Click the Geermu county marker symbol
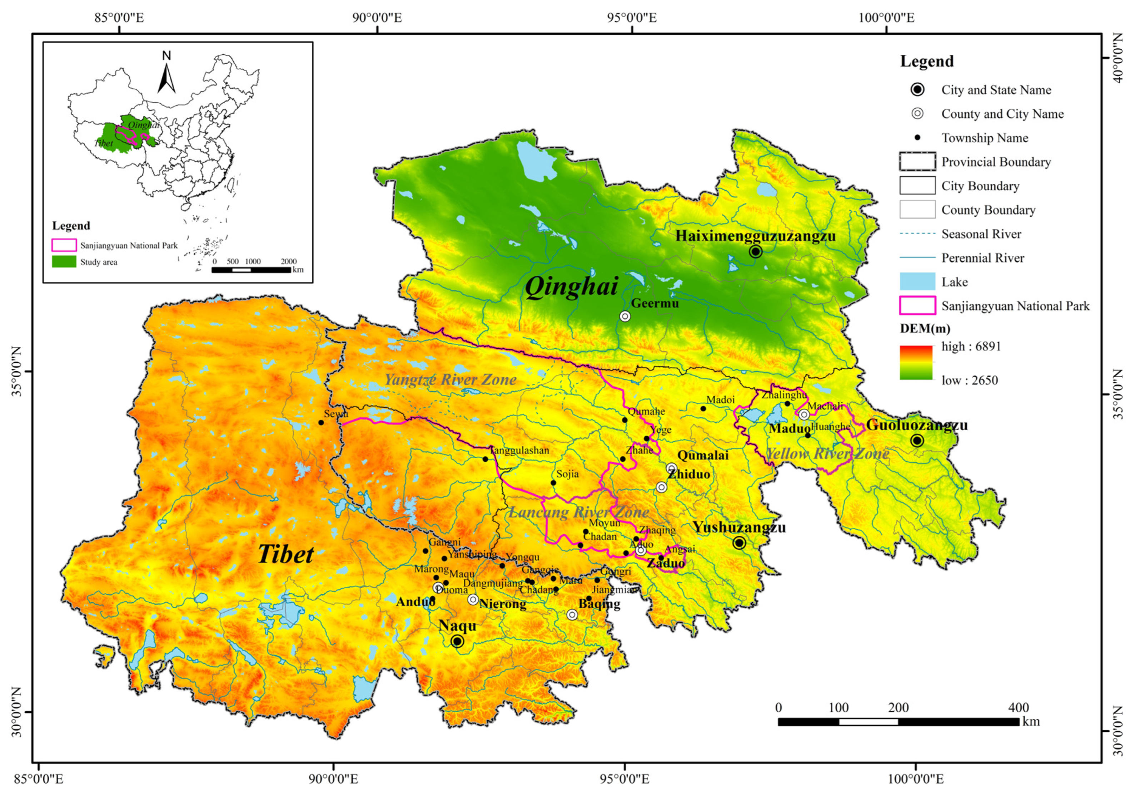pyautogui.click(x=625, y=316)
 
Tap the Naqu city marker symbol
pyautogui.click(x=457, y=641)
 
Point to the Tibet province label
pyautogui.click(x=286, y=554)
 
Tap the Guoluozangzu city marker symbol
pyautogui.click(x=916, y=440)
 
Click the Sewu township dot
pyautogui.click(x=321, y=422)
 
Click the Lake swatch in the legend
pyautogui.click(x=917, y=282)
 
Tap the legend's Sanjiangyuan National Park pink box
pyautogui.click(x=917, y=306)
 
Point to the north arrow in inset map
pyautogui.click(x=166, y=74)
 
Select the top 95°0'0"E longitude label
pyautogui.click(x=632, y=18)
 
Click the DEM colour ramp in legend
pyautogui.click(x=916, y=363)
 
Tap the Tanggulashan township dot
pyautogui.click(x=485, y=459)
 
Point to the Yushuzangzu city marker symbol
pyautogui.click(x=739, y=543)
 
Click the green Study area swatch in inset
pyautogui.click(x=64, y=261)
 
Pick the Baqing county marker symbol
pyautogui.click(x=572, y=614)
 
